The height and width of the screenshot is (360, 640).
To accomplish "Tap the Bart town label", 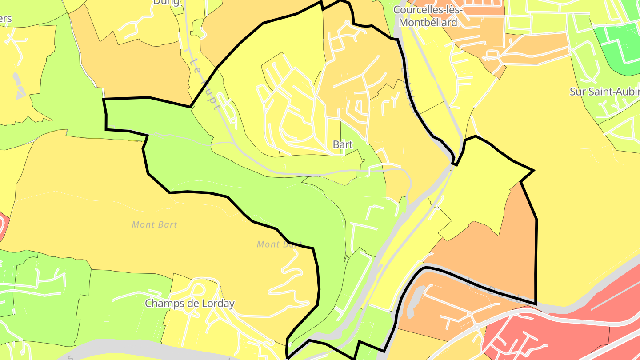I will [x=343, y=144].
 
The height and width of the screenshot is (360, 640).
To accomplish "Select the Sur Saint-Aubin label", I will [x=604, y=92].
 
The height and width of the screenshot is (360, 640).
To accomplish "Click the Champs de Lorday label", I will [x=190, y=304].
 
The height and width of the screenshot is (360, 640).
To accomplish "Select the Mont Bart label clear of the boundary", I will [x=154, y=224].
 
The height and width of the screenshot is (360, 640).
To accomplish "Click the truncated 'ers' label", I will [x=6, y=19].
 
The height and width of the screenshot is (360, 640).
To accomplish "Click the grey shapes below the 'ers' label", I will [x=19, y=87].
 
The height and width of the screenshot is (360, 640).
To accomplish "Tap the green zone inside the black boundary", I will [x=249, y=187].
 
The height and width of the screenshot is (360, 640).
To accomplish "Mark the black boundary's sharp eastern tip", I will [x=533, y=170].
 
